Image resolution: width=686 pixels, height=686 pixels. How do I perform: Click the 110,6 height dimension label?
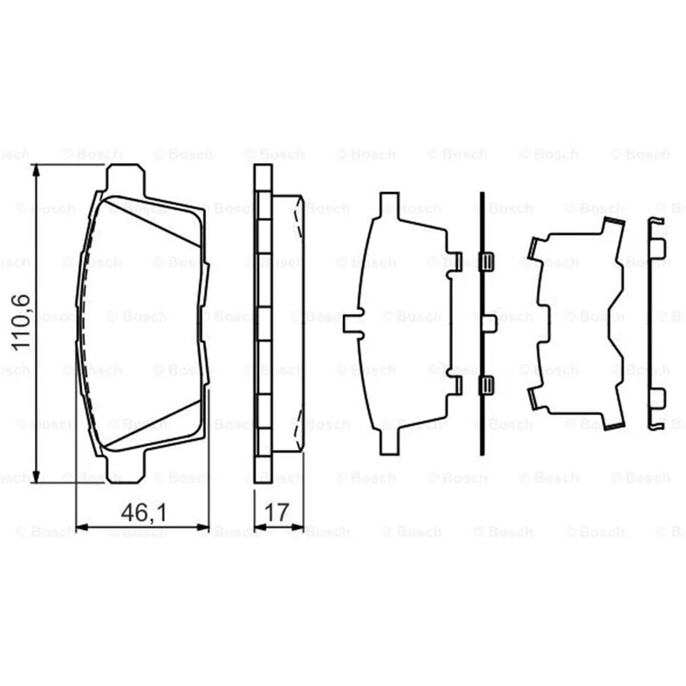pos(22,322)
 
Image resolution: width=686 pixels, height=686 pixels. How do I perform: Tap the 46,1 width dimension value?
pos(143,512)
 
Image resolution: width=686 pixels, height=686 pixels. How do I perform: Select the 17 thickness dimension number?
pos(277,512)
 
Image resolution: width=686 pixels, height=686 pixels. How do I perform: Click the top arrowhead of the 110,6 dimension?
pos(37,170)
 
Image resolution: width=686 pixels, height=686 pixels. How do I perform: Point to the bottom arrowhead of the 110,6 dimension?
pos(37,477)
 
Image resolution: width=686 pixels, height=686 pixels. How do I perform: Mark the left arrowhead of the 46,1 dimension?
pos(82,527)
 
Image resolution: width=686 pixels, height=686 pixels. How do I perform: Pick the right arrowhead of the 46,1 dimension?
pos(203,527)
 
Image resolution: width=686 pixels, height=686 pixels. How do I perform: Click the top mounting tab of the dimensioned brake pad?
pos(125,178)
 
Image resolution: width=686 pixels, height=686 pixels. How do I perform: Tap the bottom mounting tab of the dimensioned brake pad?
pos(125,469)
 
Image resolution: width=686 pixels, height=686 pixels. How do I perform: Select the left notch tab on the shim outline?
pos(353,324)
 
